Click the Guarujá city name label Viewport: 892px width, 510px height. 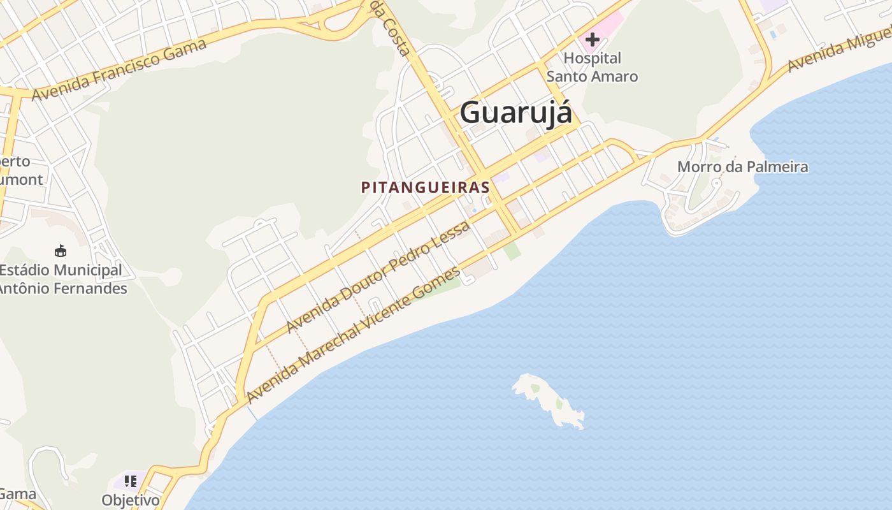[x=515, y=113]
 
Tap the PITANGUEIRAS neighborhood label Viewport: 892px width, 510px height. [x=425, y=187]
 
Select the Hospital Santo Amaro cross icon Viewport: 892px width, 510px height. [x=593, y=40]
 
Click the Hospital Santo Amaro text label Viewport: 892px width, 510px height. [x=592, y=68]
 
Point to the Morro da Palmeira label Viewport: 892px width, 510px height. [x=742, y=167]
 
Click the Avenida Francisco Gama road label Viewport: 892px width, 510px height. [x=119, y=69]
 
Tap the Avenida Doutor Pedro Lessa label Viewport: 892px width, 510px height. [x=378, y=277]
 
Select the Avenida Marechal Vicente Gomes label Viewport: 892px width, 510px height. [x=354, y=335]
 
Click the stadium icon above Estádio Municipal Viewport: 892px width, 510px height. [x=61, y=251]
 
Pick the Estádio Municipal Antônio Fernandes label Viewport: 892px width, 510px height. [x=62, y=279]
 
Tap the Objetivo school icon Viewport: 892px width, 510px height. [x=131, y=481]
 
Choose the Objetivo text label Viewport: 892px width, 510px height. [x=131, y=500]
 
